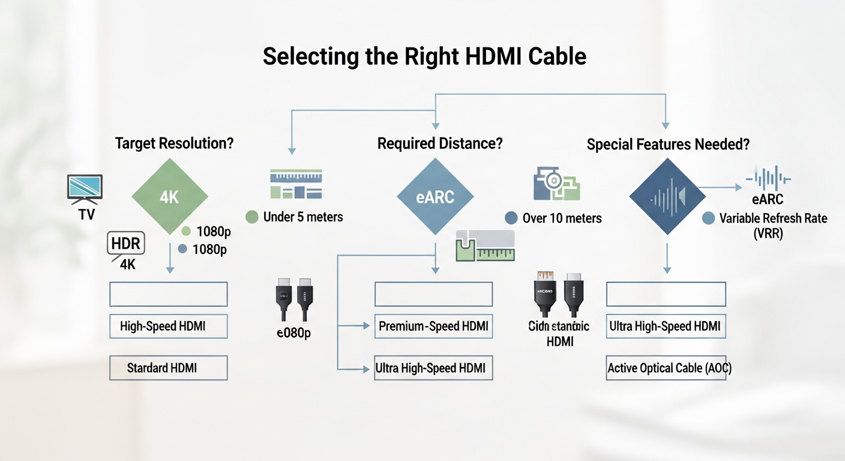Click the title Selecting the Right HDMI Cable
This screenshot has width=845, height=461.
(x=424, y=56)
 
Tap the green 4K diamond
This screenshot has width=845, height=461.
(x=170, y=196)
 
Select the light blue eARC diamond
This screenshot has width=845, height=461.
(x=435, y=196)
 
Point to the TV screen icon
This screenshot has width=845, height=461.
(x=85, y=187)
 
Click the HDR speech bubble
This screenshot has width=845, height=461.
(x=126, y=244)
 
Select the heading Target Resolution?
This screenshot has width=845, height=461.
(x=174, y=144)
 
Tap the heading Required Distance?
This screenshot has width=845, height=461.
(x=440, y=144)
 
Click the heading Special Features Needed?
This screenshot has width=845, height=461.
(x=668, y=145)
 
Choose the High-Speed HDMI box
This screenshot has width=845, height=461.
(x=168, y=327)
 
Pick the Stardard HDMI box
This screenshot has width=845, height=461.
(x=168, y=367)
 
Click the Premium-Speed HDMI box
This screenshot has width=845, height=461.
(x=433, y=327)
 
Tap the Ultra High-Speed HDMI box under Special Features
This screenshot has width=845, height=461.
(x=666, y=327)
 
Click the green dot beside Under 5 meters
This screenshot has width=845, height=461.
(x=252, y=217)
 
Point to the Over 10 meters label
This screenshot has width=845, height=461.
(x=562, y=218)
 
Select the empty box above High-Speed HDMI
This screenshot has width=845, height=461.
(x=168, y=294)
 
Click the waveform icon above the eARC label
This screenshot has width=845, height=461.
(x=768, y=179)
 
